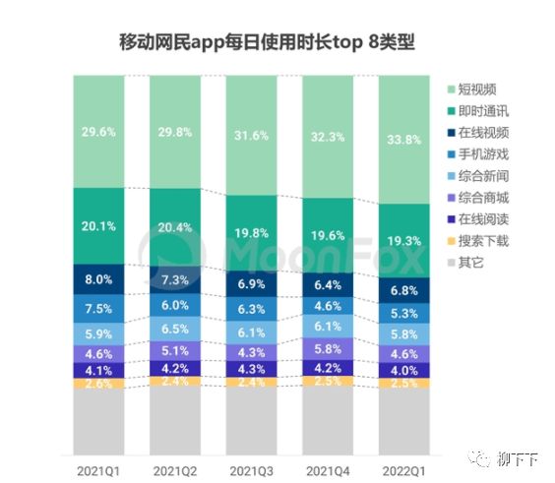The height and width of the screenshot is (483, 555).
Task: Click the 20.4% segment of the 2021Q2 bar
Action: [174, 228]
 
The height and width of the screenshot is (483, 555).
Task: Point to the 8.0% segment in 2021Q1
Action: [98, 279]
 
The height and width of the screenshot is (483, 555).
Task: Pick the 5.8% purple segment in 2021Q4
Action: [328, 348]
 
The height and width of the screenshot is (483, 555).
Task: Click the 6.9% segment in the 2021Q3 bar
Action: [251, 283]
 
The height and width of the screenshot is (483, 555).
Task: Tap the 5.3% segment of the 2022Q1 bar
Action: [404, 314]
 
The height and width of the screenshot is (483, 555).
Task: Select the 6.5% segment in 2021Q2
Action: [174, 329]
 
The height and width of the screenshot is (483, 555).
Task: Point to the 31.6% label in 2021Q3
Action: [251, 136]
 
